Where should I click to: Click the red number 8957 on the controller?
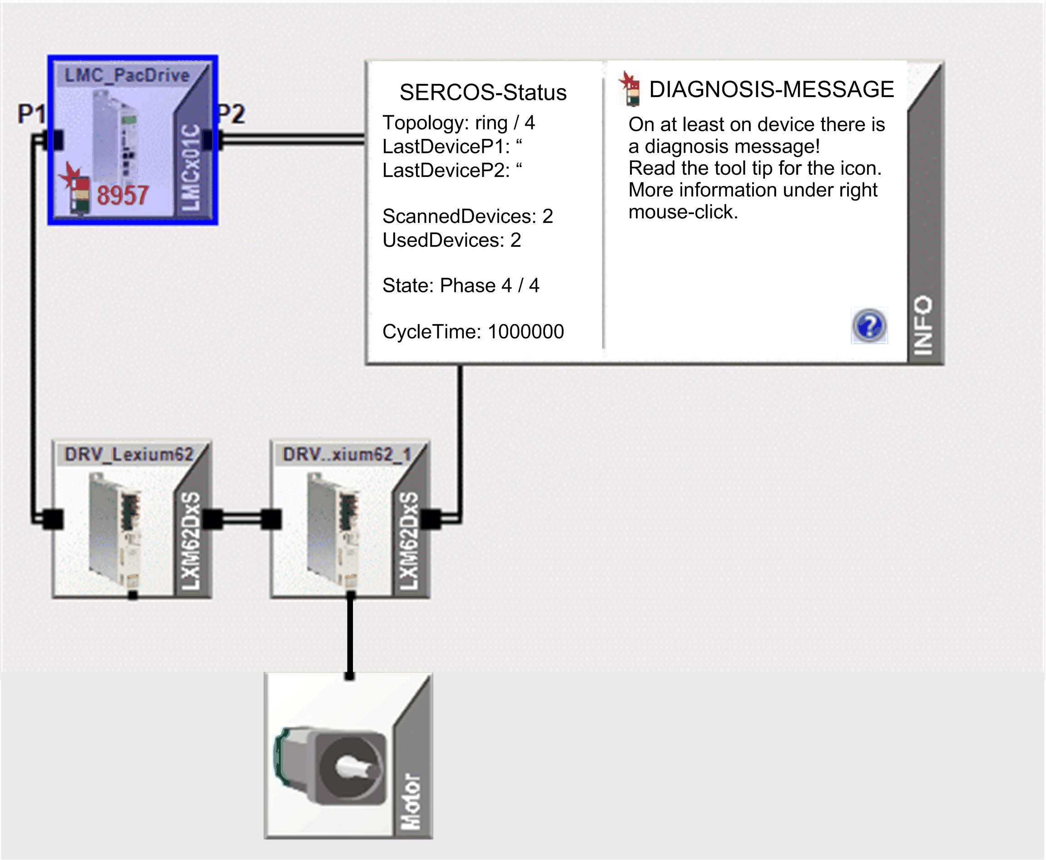pyautogui.click(x=123, y=195)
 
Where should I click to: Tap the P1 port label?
pyautogui.click(x=31, y=114)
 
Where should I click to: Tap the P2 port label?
pyautogui.click(x=232, y=114)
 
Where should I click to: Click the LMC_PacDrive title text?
pyautogui.click(x=127, y=75)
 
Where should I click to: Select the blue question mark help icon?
pyautogui.click(x=869, y=325)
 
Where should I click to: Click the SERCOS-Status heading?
pyautogui.click(x=483, y=93)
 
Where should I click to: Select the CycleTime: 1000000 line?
pyautogui.click(x=473, y=331)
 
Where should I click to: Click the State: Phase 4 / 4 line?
pyautogui.click(x=461, y=285)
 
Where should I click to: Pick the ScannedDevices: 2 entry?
pyautogui.click(x=467, y=216)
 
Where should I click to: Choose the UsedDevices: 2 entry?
pyautogui.click(x=451, y=240)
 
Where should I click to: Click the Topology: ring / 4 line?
pyautogui.click(x=459, y=123)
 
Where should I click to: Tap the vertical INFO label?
pyautogui.click(x=923, y=325)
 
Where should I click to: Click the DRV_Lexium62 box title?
pyautogui.click(x=129, y=454)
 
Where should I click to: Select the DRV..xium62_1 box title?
pyautogui.click(x=347, y=454)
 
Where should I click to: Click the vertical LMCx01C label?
pyautogui.click(x=190, y=167)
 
